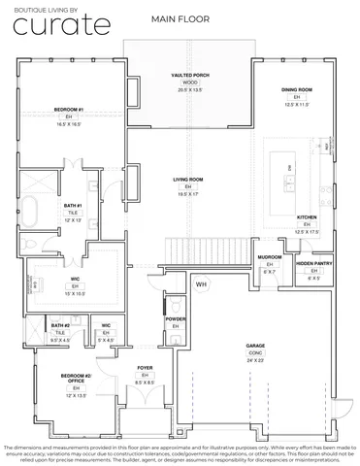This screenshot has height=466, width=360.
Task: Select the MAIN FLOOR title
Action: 176,19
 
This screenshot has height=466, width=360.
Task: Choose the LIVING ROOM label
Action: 188,180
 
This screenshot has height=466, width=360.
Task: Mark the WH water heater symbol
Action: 202,284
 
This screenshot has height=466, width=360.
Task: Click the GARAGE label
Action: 255,345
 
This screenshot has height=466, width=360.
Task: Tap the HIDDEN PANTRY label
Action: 315,263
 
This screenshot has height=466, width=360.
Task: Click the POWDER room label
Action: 176,318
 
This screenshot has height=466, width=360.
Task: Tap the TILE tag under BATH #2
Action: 60,332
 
